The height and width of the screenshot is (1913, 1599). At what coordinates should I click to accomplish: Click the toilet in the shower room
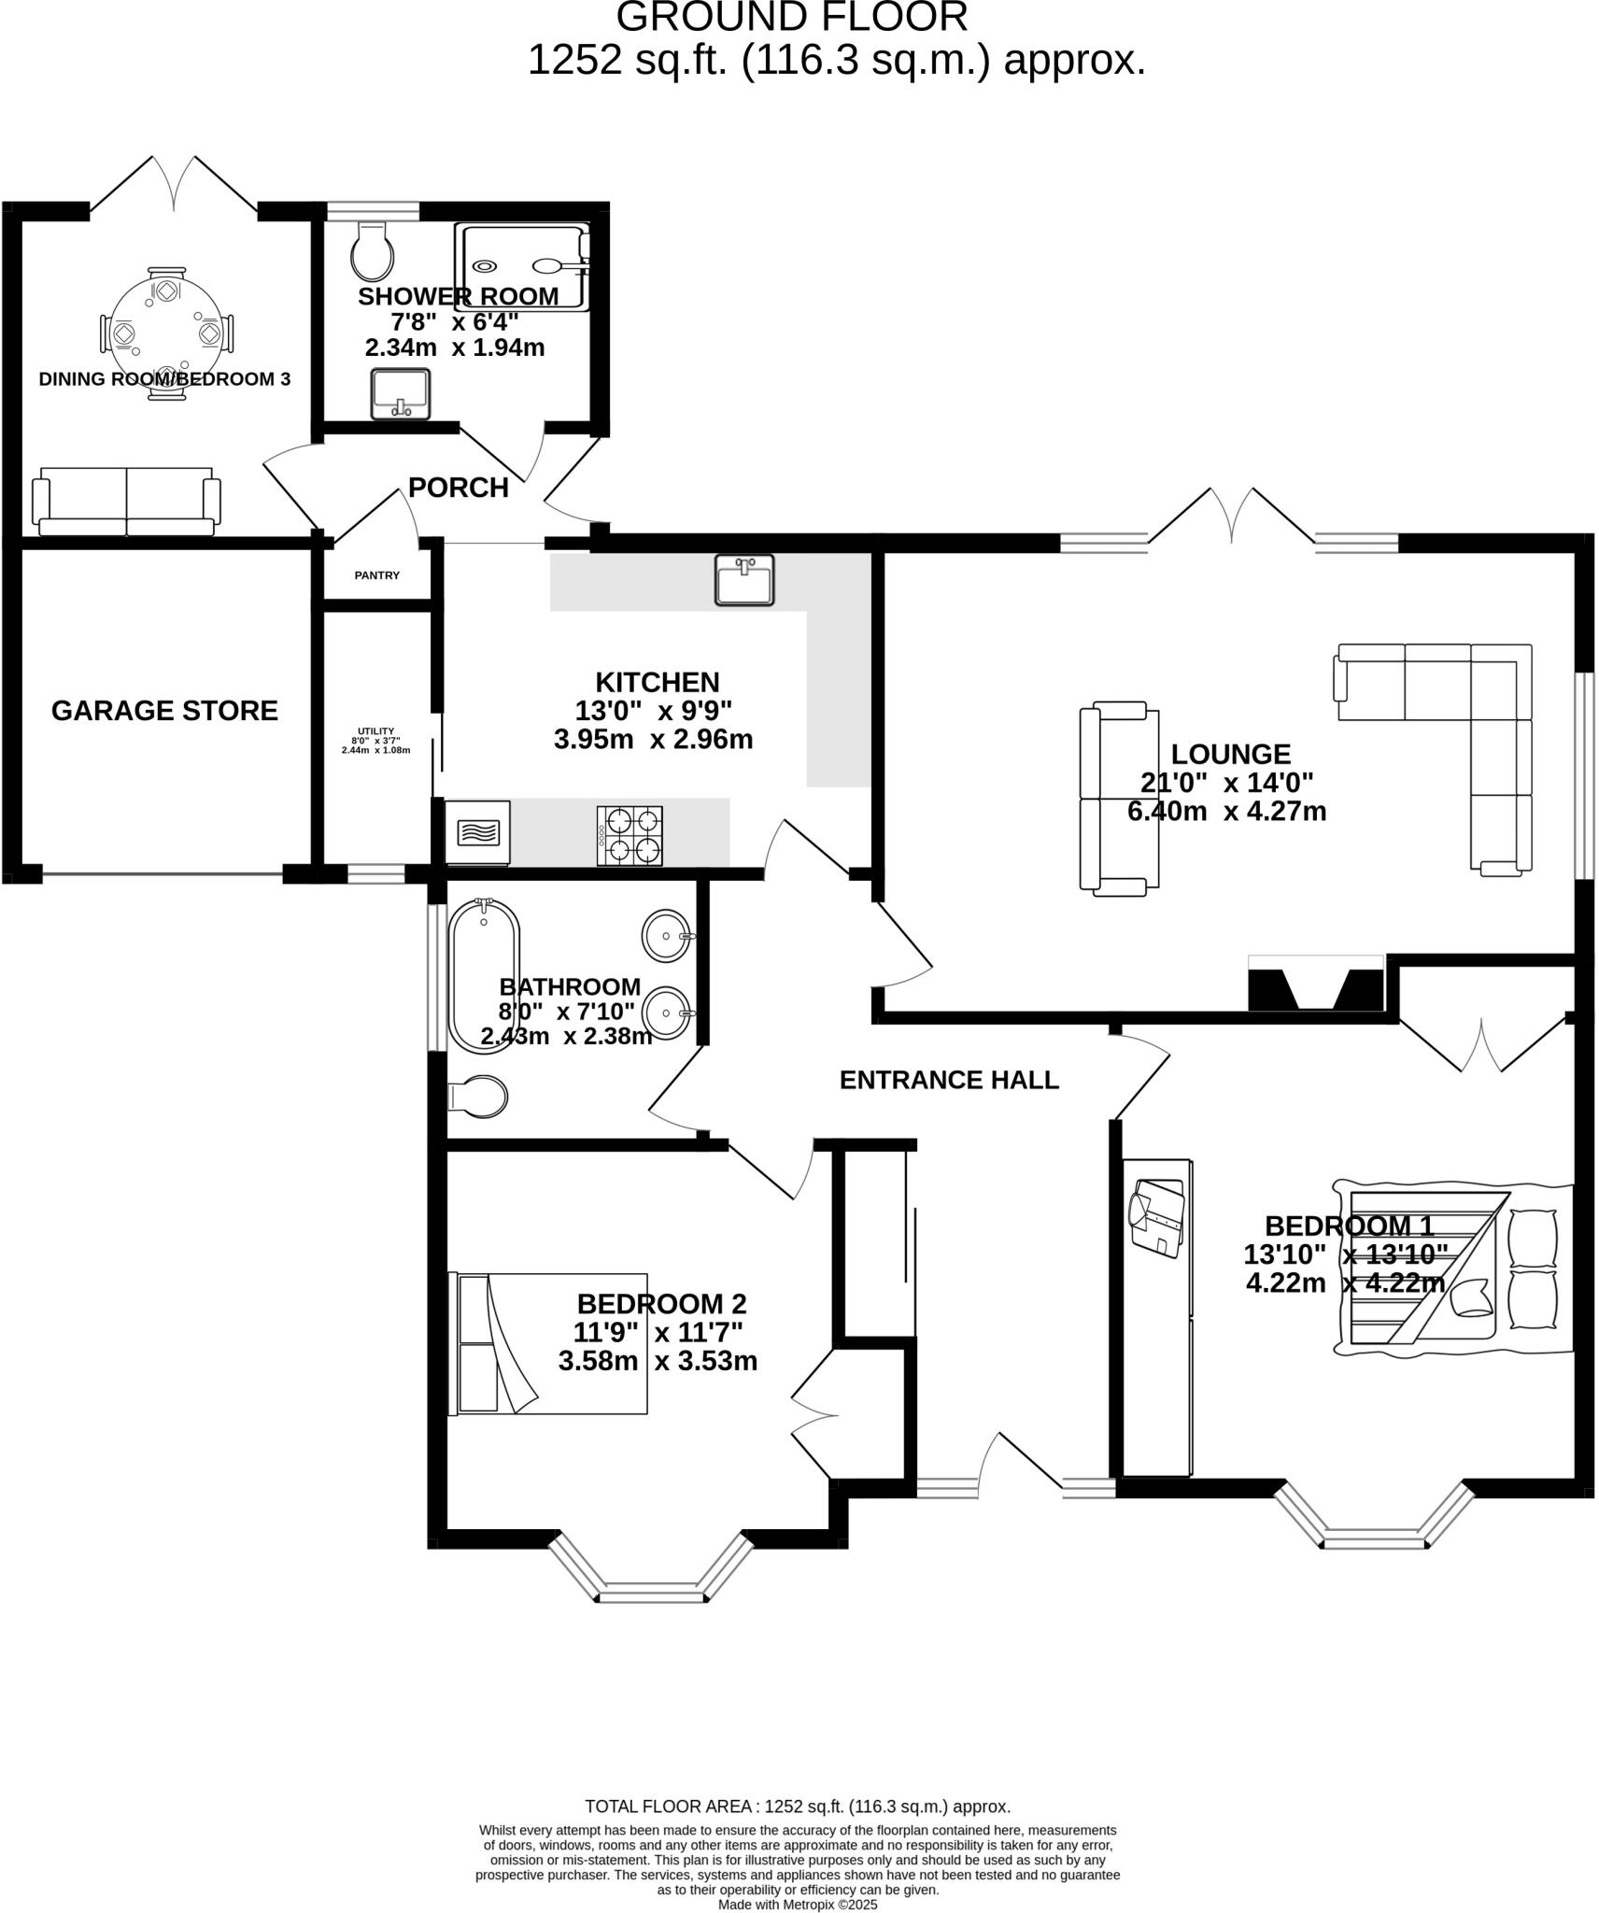372,250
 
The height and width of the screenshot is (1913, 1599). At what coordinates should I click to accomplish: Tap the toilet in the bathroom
477,1096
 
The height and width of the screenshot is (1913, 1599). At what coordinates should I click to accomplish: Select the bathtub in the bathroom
484,988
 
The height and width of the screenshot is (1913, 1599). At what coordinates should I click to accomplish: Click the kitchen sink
744,580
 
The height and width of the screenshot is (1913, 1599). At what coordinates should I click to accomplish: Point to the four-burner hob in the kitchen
630,835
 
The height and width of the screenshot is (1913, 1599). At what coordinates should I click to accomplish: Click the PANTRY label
377,575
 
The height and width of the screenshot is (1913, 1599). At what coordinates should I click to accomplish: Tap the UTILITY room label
375,731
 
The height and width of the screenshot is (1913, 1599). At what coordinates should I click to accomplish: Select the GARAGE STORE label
164,711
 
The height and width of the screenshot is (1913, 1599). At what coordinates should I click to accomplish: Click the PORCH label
459,488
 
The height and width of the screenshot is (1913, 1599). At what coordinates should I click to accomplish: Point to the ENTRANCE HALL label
949,1080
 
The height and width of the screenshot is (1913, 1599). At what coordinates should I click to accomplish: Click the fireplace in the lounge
1315,983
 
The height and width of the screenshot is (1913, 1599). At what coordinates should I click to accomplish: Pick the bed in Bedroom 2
547,1343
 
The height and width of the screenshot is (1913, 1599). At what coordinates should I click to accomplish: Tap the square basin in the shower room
401,394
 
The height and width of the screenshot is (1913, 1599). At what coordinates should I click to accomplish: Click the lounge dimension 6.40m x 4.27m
1226,811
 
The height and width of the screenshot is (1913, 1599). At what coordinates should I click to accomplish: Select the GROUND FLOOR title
792,18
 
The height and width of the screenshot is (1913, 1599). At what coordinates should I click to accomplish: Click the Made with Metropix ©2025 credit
798,1905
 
